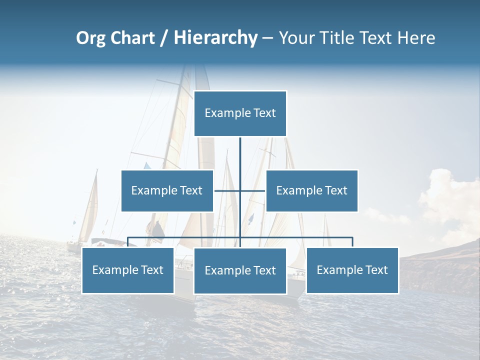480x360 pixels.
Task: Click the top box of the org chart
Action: (x=240, y=113)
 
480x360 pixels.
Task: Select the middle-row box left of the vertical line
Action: (x=167, y=190)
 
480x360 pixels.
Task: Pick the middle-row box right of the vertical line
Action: (x=312, y=190)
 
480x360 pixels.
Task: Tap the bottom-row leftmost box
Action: (x=128, y=270)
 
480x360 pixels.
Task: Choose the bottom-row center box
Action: (x=240, y=271)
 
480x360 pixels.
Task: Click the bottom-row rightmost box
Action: (x=352, y=270)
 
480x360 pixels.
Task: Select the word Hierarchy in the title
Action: (x=215, y=38)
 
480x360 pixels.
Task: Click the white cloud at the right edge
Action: (x=450, y=197)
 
